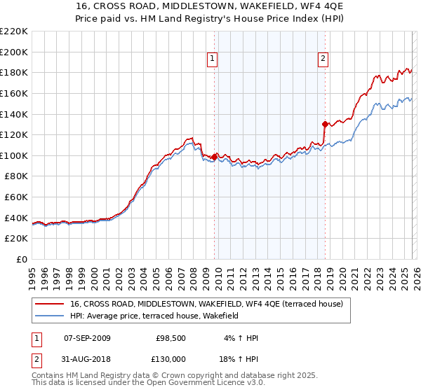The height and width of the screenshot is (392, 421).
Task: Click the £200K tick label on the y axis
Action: [x=14, y=52]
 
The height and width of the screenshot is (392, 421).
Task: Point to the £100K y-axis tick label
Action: [x=14, y=155]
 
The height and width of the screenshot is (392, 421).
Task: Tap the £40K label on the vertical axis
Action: [x=16, y=218]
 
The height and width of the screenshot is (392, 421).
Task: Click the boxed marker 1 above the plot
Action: [x=213, y=59]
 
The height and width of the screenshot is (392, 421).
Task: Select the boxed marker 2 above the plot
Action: [x=323, y=59]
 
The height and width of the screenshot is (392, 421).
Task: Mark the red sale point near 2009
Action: [x=214, y=157]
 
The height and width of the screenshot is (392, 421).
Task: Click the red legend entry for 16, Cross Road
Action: [x=206, y=304]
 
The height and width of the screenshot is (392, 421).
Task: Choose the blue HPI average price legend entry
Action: [x=154, y=316]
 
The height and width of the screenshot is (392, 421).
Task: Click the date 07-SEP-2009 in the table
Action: [x=87, y=338]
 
